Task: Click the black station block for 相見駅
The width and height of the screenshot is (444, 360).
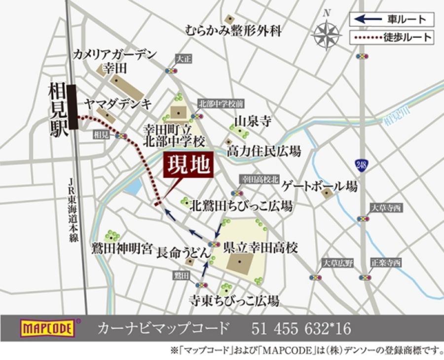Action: point(73,107)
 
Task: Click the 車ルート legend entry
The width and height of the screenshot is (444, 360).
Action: point(392,19)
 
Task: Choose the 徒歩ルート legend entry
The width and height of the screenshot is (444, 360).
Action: point(392,37)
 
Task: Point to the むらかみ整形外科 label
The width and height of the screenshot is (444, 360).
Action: point(233,31)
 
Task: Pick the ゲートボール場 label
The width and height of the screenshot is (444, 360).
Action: point(319,186)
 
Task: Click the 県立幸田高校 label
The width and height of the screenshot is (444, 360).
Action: point(260,247)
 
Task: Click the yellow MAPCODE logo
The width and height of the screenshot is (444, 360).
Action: point(47,328)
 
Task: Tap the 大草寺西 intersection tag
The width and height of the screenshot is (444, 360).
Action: point(387,208)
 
